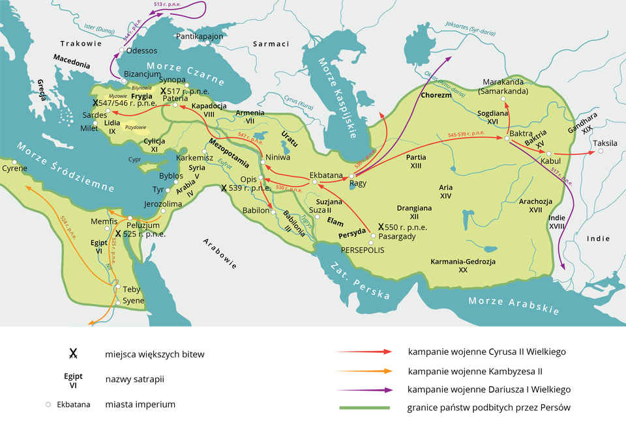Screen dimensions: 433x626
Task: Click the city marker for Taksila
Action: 601,151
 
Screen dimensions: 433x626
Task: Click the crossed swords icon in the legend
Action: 73,354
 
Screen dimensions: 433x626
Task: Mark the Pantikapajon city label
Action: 200,36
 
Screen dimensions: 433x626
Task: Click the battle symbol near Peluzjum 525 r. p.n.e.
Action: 118,234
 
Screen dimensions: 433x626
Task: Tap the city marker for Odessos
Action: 122,50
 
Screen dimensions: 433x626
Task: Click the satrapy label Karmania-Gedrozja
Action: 463,265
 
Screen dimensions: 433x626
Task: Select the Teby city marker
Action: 117,287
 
